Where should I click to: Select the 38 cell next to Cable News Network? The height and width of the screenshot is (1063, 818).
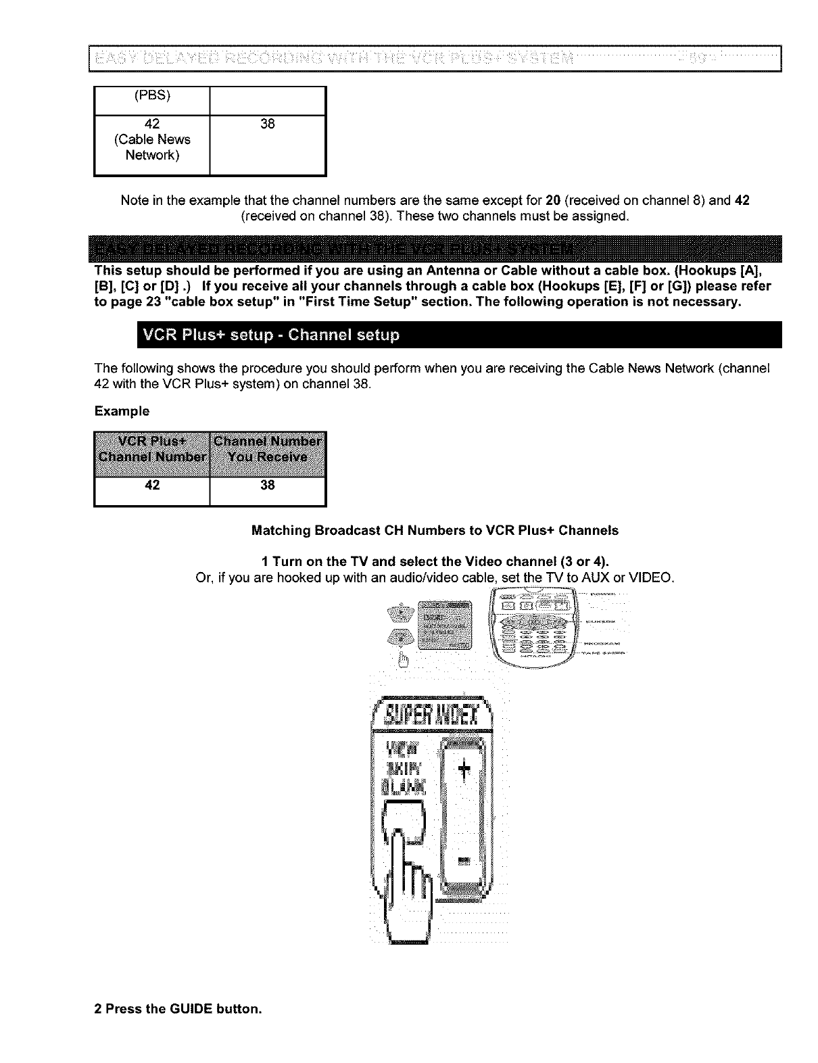coord(268,124)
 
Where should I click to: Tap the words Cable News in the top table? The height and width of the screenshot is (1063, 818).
coord(153,139)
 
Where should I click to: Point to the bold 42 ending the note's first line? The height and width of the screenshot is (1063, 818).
coord(742,201)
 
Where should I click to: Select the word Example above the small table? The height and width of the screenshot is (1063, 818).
coord(122,411)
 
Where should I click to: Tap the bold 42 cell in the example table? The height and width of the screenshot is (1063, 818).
coord(153,485)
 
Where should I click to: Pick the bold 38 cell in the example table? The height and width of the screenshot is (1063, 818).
coord(268,485)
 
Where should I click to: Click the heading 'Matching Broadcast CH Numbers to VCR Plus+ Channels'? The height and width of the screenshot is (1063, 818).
coord(435,531)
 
